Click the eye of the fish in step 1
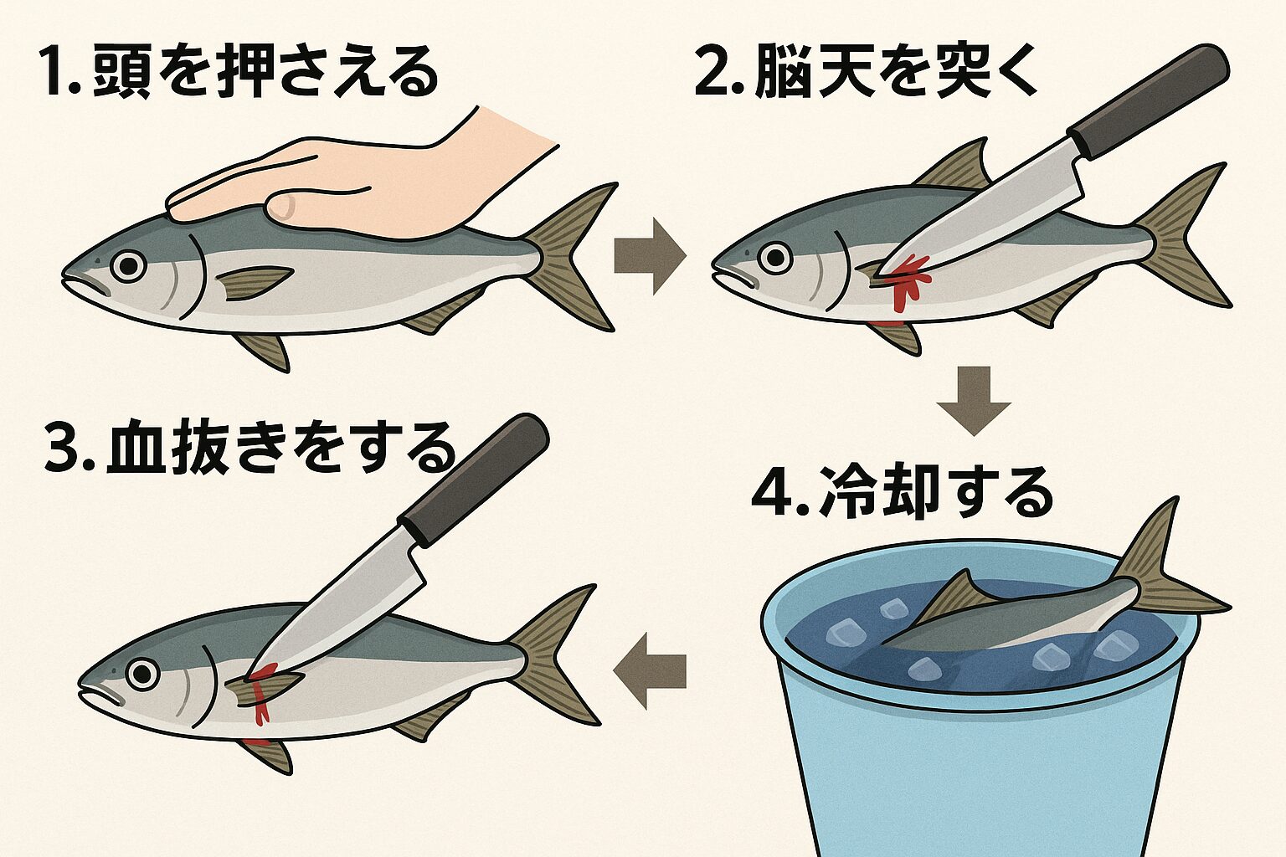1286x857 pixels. pyautogui.click(x=128, y=266)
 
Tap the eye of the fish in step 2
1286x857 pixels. pyautogui.click(x=775, y=256)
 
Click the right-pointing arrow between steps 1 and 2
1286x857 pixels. pyautogui.click(x=649, y=256)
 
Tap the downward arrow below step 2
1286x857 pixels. pyautogui.click(x=974, y=401)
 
